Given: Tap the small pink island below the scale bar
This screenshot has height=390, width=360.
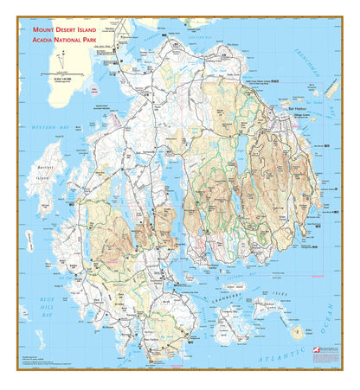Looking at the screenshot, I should (93, 90).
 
